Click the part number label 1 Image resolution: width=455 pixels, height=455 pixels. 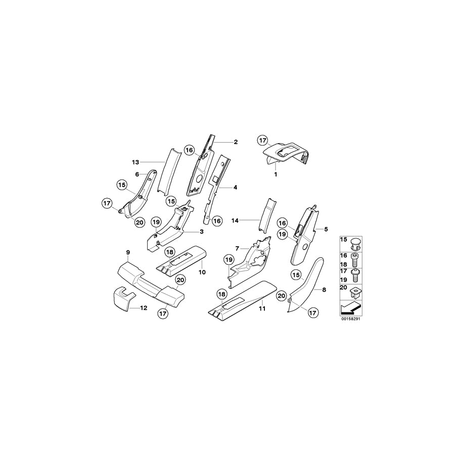(276, 173)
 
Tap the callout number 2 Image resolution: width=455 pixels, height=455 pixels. (235, 142)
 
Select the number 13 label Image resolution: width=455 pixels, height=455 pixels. (135, 162)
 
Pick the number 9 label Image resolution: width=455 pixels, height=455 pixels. (128, 252)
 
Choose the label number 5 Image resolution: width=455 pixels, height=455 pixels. (326, 229)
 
